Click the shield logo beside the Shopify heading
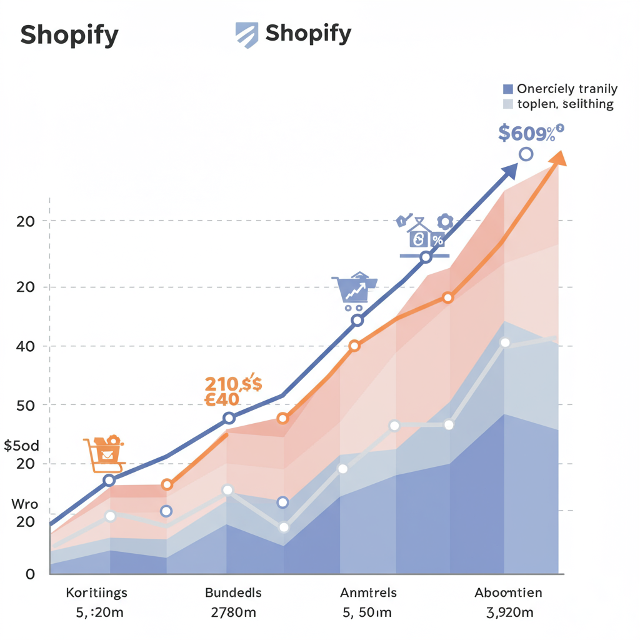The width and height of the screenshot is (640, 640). click(x=246, y=35)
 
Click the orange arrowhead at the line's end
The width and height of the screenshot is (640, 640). click(x=558, y=158)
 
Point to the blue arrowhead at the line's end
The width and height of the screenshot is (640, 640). click(x=511, y=171)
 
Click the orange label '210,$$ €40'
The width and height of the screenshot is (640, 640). click(x=232, y=391)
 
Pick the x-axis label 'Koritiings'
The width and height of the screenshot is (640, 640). click(x=96, y=592)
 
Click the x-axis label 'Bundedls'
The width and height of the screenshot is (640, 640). click(x=233, y=592)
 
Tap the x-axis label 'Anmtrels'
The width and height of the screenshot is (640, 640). click(x=368, y=592)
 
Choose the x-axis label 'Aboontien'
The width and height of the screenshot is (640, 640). click(x=508, y=592)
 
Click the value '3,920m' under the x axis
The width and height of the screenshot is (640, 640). click(x=509, y=612)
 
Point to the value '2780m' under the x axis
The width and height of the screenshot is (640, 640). click(x=233, y=612)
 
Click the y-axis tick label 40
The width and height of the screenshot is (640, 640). click(x=25, y=346)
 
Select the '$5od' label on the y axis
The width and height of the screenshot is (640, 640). click(x=21, y=446)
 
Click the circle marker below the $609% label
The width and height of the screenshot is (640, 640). click(x=526, y=154)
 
